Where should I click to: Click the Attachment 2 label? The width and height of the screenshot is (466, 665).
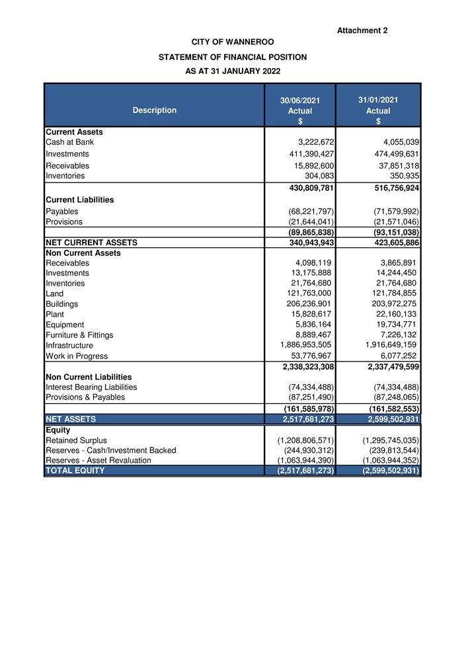click(x=362, y=30)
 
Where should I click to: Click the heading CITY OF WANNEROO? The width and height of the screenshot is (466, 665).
click(x=233, y=42)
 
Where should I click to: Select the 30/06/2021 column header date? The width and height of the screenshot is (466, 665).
click(x=300, y=100)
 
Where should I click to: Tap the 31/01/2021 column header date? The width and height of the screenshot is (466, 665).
click(x=378, y=100)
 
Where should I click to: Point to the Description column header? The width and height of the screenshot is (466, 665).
click(x=155, y=110)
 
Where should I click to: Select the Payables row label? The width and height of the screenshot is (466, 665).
click(x=63, y=212)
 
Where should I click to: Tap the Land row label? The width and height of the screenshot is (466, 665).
click(x=55, y=293)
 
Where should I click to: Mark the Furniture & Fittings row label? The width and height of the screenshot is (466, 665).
click(x=79, y=335)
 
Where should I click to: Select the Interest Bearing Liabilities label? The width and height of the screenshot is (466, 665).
click(x=91, y=387)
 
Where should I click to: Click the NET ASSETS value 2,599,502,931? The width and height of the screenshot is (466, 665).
click(x=383, y=419)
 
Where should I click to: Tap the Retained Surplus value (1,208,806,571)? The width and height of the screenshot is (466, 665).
click(x=306, y=440)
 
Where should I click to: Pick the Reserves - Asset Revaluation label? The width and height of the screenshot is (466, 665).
click(x=98, y=460)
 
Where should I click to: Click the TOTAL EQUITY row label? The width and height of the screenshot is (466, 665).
click(x=75, y=471)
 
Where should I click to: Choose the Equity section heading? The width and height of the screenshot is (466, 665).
click(x=58, y=430)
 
